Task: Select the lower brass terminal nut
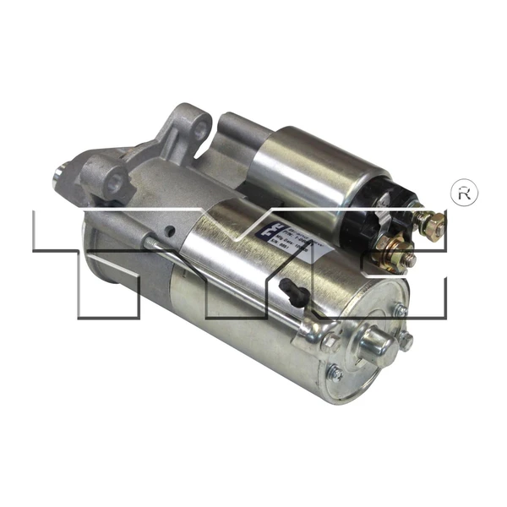[395, 250]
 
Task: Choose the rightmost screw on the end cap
[406, 341]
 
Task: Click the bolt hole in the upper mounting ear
[200, 129]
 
